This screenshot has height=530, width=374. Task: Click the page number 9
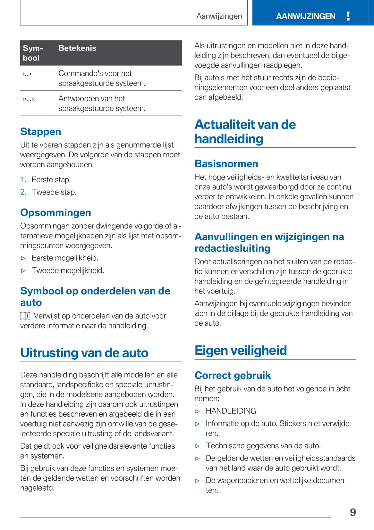(353, 512)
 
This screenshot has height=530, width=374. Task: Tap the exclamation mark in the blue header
(348, 16)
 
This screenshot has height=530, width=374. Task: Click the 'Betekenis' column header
(77, 48)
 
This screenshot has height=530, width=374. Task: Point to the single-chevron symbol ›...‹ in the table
(27, 74)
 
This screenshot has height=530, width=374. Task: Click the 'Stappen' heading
(40, 132)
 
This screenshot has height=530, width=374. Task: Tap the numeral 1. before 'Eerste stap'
(23, 179)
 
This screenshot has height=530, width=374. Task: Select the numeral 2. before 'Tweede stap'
(23, 192)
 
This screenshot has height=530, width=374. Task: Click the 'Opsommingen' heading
(55, 212)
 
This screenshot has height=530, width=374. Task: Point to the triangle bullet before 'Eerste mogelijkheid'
(23, 258)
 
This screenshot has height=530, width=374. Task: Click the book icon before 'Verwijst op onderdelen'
(25, 316)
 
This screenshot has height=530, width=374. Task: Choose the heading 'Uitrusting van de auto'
(84, 352)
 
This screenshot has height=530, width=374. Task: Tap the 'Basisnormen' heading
(226, 164)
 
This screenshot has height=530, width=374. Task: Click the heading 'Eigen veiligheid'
(241, 350)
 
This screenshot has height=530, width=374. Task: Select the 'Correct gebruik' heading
(233, 375)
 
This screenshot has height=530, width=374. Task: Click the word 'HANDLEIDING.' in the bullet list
(232, 411)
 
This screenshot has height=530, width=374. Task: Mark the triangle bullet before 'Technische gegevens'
(198, 446)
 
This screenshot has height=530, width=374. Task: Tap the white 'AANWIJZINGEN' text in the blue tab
(306, 16)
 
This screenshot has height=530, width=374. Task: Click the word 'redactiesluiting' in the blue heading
(232, 248)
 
